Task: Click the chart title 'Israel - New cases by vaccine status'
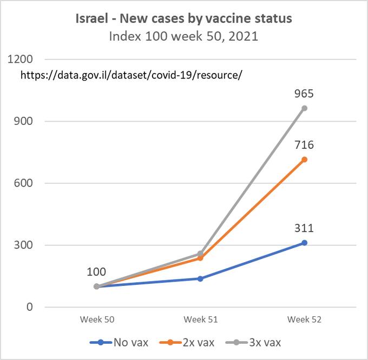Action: [183, 19]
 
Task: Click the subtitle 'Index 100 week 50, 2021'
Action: [183, 37]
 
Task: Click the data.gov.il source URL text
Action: [131, 75]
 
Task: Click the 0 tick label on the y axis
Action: [30, 308]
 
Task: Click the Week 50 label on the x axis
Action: [97, 319]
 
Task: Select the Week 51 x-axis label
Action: [201, 319]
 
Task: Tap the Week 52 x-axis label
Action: [305, 319]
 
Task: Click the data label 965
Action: [305, 94]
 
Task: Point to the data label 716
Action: [305, 145]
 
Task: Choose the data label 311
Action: [305, 228]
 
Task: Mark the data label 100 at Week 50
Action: [97, 272]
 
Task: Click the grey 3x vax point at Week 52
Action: [305, 108]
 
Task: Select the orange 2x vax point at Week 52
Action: [305, 159]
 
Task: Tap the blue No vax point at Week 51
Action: [201, 278]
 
